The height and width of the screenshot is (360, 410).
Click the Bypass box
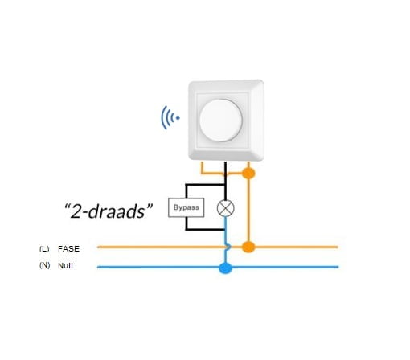187,207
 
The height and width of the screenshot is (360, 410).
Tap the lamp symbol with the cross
225,208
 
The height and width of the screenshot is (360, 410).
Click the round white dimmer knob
221,121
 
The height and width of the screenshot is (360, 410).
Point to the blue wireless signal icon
170,117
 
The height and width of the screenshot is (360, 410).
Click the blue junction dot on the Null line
225,268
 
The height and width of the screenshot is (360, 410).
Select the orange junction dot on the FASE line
248,247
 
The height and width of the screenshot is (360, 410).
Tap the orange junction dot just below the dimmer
248,174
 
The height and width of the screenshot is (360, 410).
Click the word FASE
68,249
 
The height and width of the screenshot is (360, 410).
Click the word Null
65,266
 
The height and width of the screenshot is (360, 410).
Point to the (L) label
44,248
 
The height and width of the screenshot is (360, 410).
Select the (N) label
44,265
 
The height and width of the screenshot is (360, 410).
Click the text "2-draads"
109,211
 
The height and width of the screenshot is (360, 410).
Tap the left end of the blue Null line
97,267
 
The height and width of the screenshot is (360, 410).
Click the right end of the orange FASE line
338,247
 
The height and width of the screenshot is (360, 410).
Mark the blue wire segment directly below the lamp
225,230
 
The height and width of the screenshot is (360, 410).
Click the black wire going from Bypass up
186,191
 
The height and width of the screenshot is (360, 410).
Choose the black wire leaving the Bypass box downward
186,223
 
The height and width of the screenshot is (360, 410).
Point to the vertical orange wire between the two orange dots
248,210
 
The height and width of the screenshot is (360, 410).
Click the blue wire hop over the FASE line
228,247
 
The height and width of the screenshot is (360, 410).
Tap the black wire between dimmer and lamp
225,181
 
